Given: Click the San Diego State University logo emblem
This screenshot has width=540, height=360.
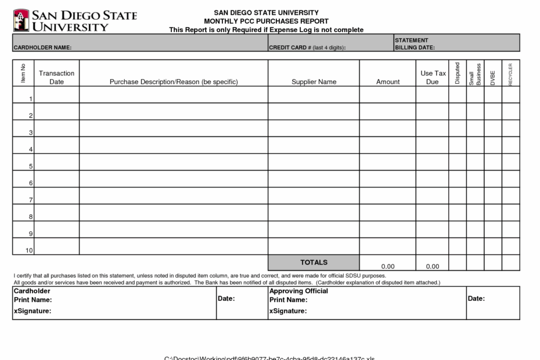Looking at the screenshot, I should click(x=21, y=20).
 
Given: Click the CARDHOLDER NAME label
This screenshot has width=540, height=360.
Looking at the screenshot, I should click(x=42, y=48).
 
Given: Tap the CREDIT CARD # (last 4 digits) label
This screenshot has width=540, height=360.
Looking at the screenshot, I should click(x=307, y=48).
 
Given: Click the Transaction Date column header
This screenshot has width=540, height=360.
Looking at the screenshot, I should click(x=56, y=77).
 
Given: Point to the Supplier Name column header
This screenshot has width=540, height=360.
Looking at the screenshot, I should click(x=314, y=82).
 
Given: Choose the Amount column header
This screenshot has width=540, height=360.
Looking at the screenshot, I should click(x=387, y=82).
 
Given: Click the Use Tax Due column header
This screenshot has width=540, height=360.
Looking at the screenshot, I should click(x=433, y=77).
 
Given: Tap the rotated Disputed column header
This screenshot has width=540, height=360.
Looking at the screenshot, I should click(x=457, y=74).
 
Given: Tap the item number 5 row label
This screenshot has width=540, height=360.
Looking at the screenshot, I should click(x=30, y=167).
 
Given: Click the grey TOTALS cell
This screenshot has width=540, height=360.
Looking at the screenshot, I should click(x=314, y=262).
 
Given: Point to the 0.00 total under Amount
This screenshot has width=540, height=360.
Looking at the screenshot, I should click(x=387, y=267).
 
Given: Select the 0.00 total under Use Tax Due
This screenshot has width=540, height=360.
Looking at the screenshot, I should click(x=432, y=267).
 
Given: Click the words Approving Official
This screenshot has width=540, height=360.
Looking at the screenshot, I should click(x=298, y=291).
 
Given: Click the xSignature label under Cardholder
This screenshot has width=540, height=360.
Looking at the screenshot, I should click(x=32, y=311).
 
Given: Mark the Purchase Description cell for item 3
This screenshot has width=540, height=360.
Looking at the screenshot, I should click(x=174, y=128).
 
